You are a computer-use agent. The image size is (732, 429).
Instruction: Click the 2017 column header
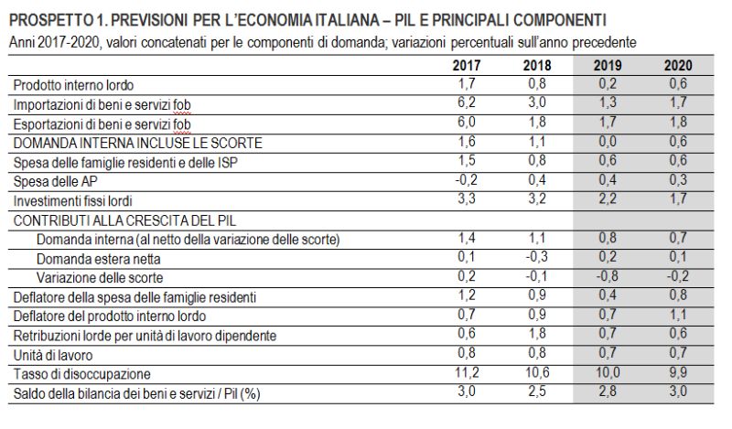tap(467, 66)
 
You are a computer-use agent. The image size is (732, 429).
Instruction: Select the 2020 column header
tap(678, 66)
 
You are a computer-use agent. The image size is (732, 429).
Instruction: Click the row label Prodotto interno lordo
tap(72, 84)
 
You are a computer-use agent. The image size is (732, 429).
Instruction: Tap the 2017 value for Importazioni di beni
tap(467, 102)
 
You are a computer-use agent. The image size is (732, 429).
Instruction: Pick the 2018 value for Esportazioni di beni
tap(537, 122)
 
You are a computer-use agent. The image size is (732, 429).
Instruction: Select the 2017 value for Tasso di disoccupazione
tap(467, 374)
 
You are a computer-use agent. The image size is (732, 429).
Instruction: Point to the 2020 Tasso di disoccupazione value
tap(678, 374)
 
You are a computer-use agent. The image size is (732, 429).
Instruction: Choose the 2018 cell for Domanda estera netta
tap(537, 258)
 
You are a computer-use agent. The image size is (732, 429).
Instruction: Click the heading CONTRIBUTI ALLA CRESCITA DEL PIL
tap(120, 220)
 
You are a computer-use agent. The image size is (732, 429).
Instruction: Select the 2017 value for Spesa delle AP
tap(467, 179)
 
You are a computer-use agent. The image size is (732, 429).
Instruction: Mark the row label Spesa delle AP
tap(47, 181)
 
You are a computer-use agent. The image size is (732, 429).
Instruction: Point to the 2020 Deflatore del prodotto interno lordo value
tap(678, 316)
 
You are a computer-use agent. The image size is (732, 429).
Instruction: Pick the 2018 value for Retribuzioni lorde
tap(537, 335)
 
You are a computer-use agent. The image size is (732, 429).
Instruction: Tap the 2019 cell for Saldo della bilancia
tap(607, 391)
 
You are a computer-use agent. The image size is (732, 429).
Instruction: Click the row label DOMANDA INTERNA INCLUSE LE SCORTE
tap(137, 143)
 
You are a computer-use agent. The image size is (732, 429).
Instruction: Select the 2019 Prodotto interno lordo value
tap(607, 83)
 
